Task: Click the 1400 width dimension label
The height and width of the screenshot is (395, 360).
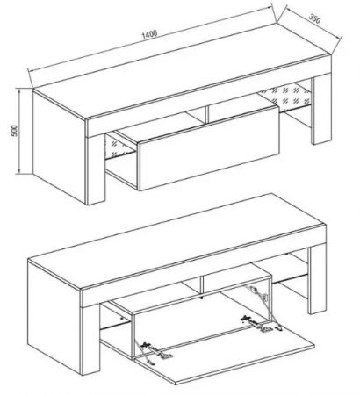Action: [149, 34]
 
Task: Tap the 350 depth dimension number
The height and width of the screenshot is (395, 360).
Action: [315, 18]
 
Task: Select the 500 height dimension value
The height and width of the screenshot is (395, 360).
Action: [15, 131]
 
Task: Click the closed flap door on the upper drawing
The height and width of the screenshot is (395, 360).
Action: [209, 149]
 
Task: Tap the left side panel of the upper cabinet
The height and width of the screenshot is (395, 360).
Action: [59, 147]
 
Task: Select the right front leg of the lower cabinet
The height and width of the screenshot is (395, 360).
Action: [318, 281]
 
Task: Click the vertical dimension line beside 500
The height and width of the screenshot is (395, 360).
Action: [19, 131]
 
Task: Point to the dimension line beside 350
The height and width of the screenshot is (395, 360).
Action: [313, 24]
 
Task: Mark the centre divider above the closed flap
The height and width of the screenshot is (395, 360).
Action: [207, 113]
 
